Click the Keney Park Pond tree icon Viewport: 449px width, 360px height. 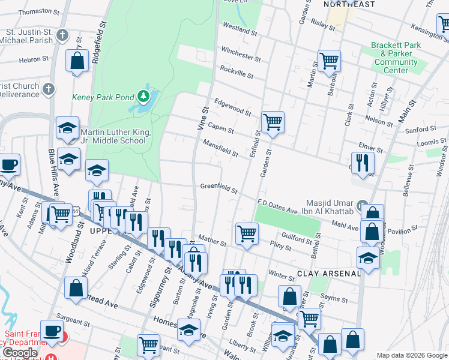click(142, 96)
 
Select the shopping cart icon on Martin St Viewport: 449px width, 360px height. click(329, 60)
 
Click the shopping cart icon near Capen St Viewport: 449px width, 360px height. click(273, 122)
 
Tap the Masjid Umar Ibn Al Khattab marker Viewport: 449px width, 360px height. click(362, 206)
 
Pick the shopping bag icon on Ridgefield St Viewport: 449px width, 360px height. click(77, 61)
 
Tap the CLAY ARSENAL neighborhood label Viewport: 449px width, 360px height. click(329, 273)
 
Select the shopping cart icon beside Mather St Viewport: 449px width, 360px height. click(246, 233)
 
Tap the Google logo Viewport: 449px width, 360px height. click(20, 353)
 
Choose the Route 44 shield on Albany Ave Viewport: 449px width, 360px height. click(74, 211)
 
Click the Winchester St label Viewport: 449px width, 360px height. click(241, 54)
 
